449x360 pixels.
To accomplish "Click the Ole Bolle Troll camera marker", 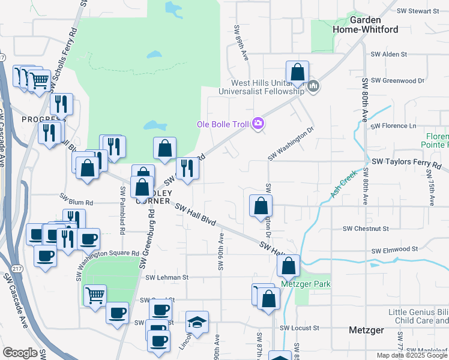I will tap(258, 124).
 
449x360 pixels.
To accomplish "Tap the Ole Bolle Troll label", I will tap(225, 124).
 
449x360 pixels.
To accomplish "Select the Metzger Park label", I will tap(305, 284).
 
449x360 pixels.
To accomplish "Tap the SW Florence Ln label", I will tap(394, 126).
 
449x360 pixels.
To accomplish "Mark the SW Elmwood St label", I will tap(394, 248).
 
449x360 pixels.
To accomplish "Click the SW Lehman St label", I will tap(167, 278).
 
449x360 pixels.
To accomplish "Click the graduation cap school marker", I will tap(197, 323).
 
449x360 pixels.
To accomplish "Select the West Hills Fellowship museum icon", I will tap(313, 88).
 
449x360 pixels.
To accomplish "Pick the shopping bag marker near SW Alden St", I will tap(297, 73).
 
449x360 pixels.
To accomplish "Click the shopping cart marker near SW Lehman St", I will tap(95, 295).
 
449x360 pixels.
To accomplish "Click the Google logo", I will tap(20, 353).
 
